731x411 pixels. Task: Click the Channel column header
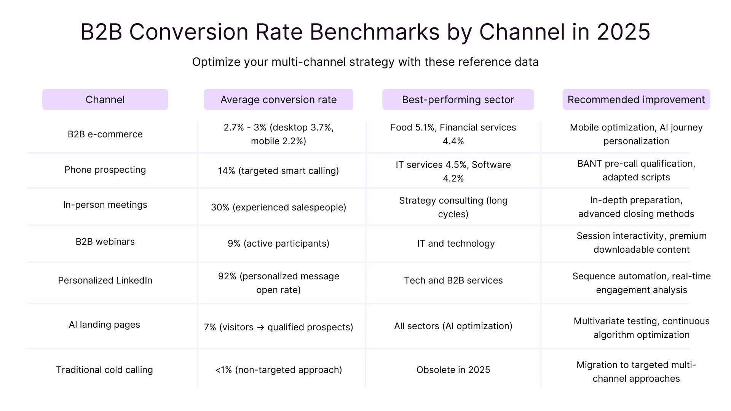105,100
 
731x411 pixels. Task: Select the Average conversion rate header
278,100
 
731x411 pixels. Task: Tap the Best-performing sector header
458,100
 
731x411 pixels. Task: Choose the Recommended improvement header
636,100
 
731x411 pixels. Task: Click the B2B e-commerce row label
105,134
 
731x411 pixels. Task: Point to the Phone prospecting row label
105,170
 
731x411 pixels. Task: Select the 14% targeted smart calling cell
278,171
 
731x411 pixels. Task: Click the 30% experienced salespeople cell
278,207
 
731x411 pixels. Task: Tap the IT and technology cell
456,244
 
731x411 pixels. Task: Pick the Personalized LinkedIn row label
105,280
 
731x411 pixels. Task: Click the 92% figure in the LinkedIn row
227,276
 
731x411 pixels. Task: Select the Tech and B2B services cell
453,280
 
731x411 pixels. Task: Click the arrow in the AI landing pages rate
260,327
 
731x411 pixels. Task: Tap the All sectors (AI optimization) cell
453,326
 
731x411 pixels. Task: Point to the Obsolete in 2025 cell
453,370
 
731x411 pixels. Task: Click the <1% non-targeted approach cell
278,370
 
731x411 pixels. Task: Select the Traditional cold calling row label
104,370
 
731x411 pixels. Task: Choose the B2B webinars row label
105,242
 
